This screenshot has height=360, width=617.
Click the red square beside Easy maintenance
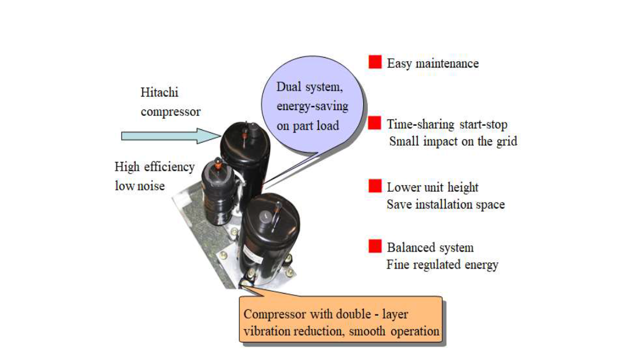pyautogui.click(x=375, y=62)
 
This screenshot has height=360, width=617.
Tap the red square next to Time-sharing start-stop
pyautogui.click(x=375, y=123)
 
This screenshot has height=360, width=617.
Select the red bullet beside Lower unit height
pyautogui.click(x=375, y=186)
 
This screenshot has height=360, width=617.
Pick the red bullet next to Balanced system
pyautogui.click(x=375, y=246)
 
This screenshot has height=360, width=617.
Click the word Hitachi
pyautogui.click(x=159, y=93)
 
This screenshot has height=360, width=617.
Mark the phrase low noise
pyautogui.click(x=140, y=186)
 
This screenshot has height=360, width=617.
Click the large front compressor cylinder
pyautogui.click(x=270, y=239)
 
